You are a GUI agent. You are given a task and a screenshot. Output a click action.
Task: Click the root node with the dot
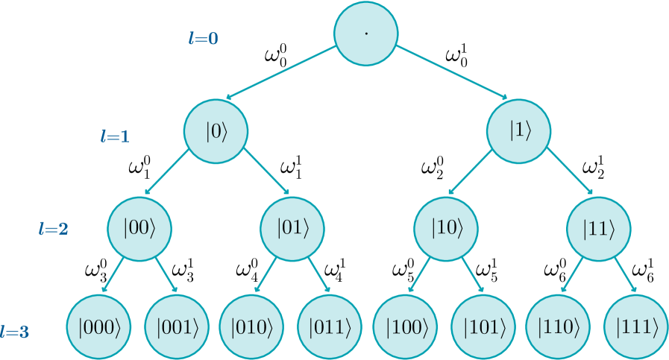(x=365, y=34)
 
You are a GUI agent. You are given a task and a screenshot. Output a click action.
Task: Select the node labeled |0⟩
(x=216, y=131)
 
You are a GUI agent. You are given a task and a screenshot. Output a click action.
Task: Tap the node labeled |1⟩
(x=519, y=131)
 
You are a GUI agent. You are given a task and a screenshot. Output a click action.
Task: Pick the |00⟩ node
(x=139, y=228)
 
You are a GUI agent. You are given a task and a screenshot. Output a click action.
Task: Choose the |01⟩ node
(x=292, y=228)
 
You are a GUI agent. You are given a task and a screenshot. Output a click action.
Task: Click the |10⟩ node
(x=447, y=228)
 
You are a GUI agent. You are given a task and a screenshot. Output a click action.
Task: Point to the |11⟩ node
(x=599, y=228)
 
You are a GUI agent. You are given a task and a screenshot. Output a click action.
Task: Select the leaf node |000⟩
(x=99, y=326)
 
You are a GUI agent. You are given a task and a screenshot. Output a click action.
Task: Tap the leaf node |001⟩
(x=178, y=326)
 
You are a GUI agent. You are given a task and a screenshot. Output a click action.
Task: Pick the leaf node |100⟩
(x=407, y=326)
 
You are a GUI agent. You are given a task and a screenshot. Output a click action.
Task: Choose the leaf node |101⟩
(x=484, y=326)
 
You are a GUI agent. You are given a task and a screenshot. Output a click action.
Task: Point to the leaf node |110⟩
(x=560, y=326)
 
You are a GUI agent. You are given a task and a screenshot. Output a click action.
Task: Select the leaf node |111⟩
(x=637, y=326)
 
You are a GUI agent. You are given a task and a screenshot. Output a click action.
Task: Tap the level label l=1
(x=115, y=136)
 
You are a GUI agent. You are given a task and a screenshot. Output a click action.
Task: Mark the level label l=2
(x=53, y=230)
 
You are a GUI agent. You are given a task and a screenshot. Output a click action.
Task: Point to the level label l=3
(x=15, y=332)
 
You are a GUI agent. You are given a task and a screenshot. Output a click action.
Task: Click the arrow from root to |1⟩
(x=451, y=72)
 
